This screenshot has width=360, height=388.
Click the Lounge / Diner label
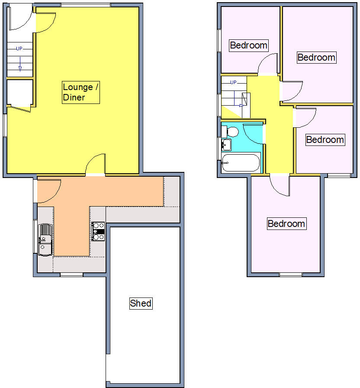pos(81,92)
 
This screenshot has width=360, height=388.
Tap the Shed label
pos(141,303)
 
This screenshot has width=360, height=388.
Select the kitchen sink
pos(45,239)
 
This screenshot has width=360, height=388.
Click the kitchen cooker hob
pos(98,231)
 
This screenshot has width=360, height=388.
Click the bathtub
pos(241,163)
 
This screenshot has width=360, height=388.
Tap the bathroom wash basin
pos(226,145)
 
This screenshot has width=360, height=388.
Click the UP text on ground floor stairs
pos(19,48)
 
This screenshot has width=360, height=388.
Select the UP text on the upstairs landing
pos(234,82)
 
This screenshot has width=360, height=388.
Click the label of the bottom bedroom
pos(286,224)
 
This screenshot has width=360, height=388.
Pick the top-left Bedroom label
pos(248,45)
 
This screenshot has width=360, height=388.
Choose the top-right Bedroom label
pos(316,57)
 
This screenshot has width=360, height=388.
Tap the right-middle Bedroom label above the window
pos(325,139)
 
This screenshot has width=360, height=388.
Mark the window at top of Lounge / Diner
pos(85,5)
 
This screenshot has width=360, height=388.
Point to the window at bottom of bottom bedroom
pos(290,275)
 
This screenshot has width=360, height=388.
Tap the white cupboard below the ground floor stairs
pos(20,92)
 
